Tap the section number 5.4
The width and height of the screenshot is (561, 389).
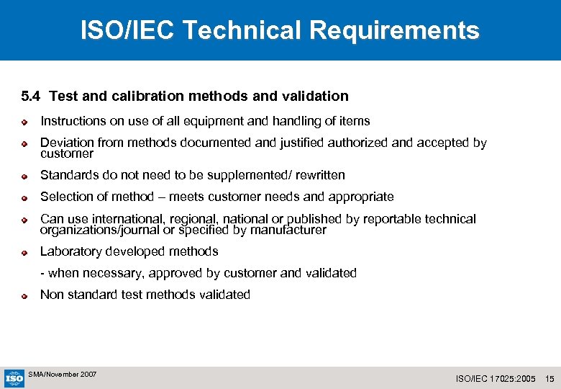coord(32,96)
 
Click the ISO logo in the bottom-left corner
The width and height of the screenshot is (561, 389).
coord(14,377)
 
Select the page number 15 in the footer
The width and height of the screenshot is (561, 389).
coord(550,379)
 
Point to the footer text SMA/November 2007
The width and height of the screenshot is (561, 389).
coord(62,375)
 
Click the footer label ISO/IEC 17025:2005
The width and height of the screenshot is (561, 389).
coord(496,379)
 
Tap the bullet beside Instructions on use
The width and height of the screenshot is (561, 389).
coord(24,122)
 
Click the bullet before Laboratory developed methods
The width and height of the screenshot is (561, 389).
coord(24,252)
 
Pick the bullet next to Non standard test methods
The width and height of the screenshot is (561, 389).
coord(24,295)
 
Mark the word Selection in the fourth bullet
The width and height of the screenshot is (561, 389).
coord(66,197)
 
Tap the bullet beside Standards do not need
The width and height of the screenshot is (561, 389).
coord(24,176)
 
